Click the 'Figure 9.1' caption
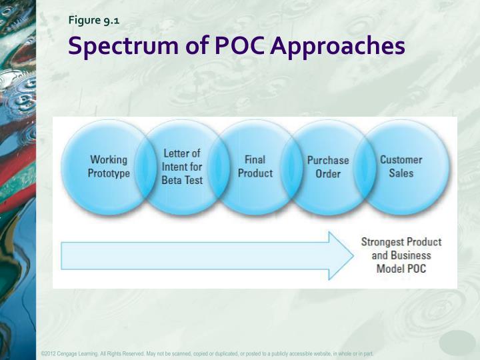pos(94,20)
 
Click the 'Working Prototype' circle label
pos(109,167)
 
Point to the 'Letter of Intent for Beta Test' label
pos(182,167)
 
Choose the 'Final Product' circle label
pos(255,167)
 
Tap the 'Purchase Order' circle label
pos(328,167)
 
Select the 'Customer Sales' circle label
pos(401,167)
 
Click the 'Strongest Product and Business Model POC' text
pos(401,255)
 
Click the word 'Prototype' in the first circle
pos(109,173)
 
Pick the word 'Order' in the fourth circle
pos(328,174)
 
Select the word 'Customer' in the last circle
pos(401,160)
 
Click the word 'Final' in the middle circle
pos(255,160)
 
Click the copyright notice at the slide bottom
pos(207,353)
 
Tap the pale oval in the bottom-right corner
pos(457,343)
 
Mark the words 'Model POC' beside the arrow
pos(401,269)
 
